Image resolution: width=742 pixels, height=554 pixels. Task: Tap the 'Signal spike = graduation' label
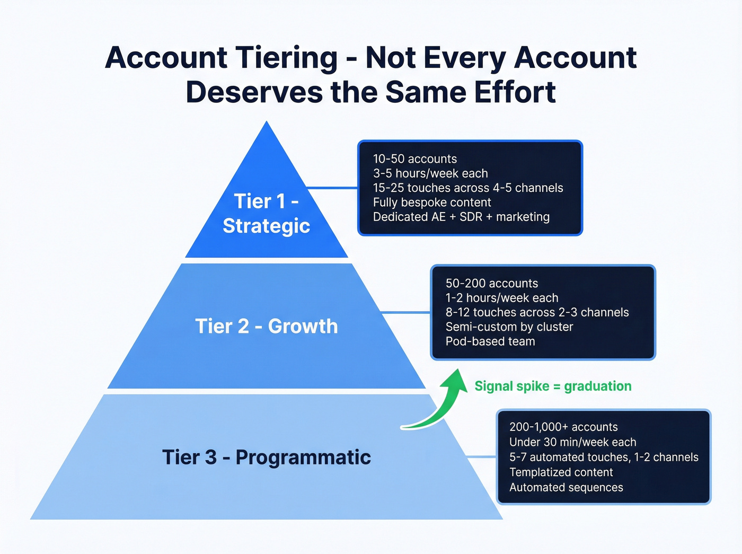pos(553,386)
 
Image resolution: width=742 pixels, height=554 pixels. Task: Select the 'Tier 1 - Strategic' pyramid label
pos(266,214)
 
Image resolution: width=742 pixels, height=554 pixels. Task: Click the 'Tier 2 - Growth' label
pos(266,326)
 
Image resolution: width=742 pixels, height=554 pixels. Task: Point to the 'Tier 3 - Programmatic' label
pos(266,457)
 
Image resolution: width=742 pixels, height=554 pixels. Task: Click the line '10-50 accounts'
pos(414,159)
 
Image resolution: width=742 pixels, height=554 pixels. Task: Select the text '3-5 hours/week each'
pos(430,173)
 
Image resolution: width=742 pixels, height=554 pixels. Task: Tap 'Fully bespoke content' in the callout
pos(431,203)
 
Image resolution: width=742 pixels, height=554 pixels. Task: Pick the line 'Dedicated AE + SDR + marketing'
pos(461,217)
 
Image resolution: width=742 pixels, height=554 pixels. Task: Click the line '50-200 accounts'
pos(491,284)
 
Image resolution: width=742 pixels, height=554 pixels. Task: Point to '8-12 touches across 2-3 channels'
pos(537,312)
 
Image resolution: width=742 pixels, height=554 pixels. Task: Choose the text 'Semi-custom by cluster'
pos(509,327)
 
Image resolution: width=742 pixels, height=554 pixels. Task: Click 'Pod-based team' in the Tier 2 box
pos(490,341)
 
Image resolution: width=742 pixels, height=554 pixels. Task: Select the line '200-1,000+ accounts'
pos(563,427)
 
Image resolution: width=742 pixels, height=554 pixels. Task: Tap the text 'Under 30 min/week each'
pos(572,442)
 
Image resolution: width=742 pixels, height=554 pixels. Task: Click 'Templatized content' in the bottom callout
pos(561,472)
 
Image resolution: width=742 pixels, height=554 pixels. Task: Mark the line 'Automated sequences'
pos(566,487)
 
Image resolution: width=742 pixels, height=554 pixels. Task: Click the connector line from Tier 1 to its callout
pos(332,188)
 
